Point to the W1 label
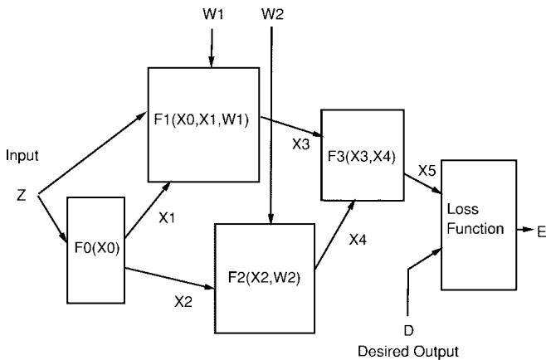pyautogui.click(x=213, y=16)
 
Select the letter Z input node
pyautogui.click(x=23, y=195)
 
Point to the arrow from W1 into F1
pyautogui.click(x=213, y=46)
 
